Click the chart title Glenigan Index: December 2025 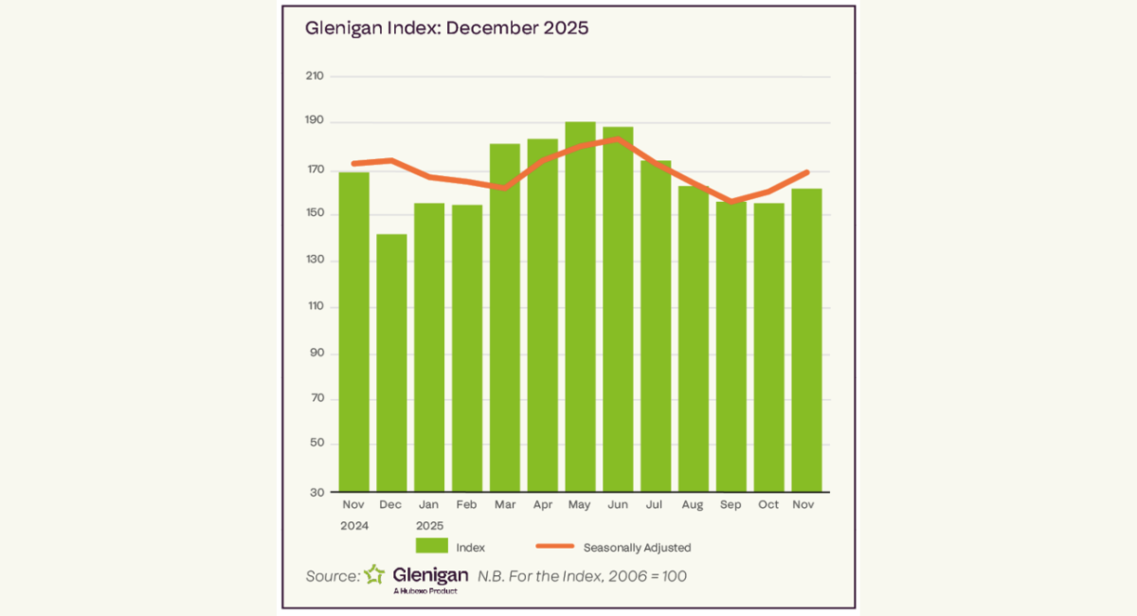click(x=446, y=28)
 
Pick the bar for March click(x=504, y=317)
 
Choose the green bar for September click(x=731, y=346)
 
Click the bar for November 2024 click(x=353, y=332)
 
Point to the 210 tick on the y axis click(x=315, y=76)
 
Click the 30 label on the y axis click(x=316, y=492)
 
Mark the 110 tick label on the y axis click(x=315, y=307)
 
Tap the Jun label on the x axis click(x=617, y=504)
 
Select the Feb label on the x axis click(x=466, y=504)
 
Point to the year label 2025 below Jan click(x=429, y=525)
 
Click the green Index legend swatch click(x=431, y=547)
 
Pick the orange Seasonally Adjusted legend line click(x=555, y=547)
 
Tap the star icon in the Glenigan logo click(x=375, y=574)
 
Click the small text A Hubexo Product click(x=424, y=591)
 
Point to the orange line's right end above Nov click(x=806, y=172)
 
